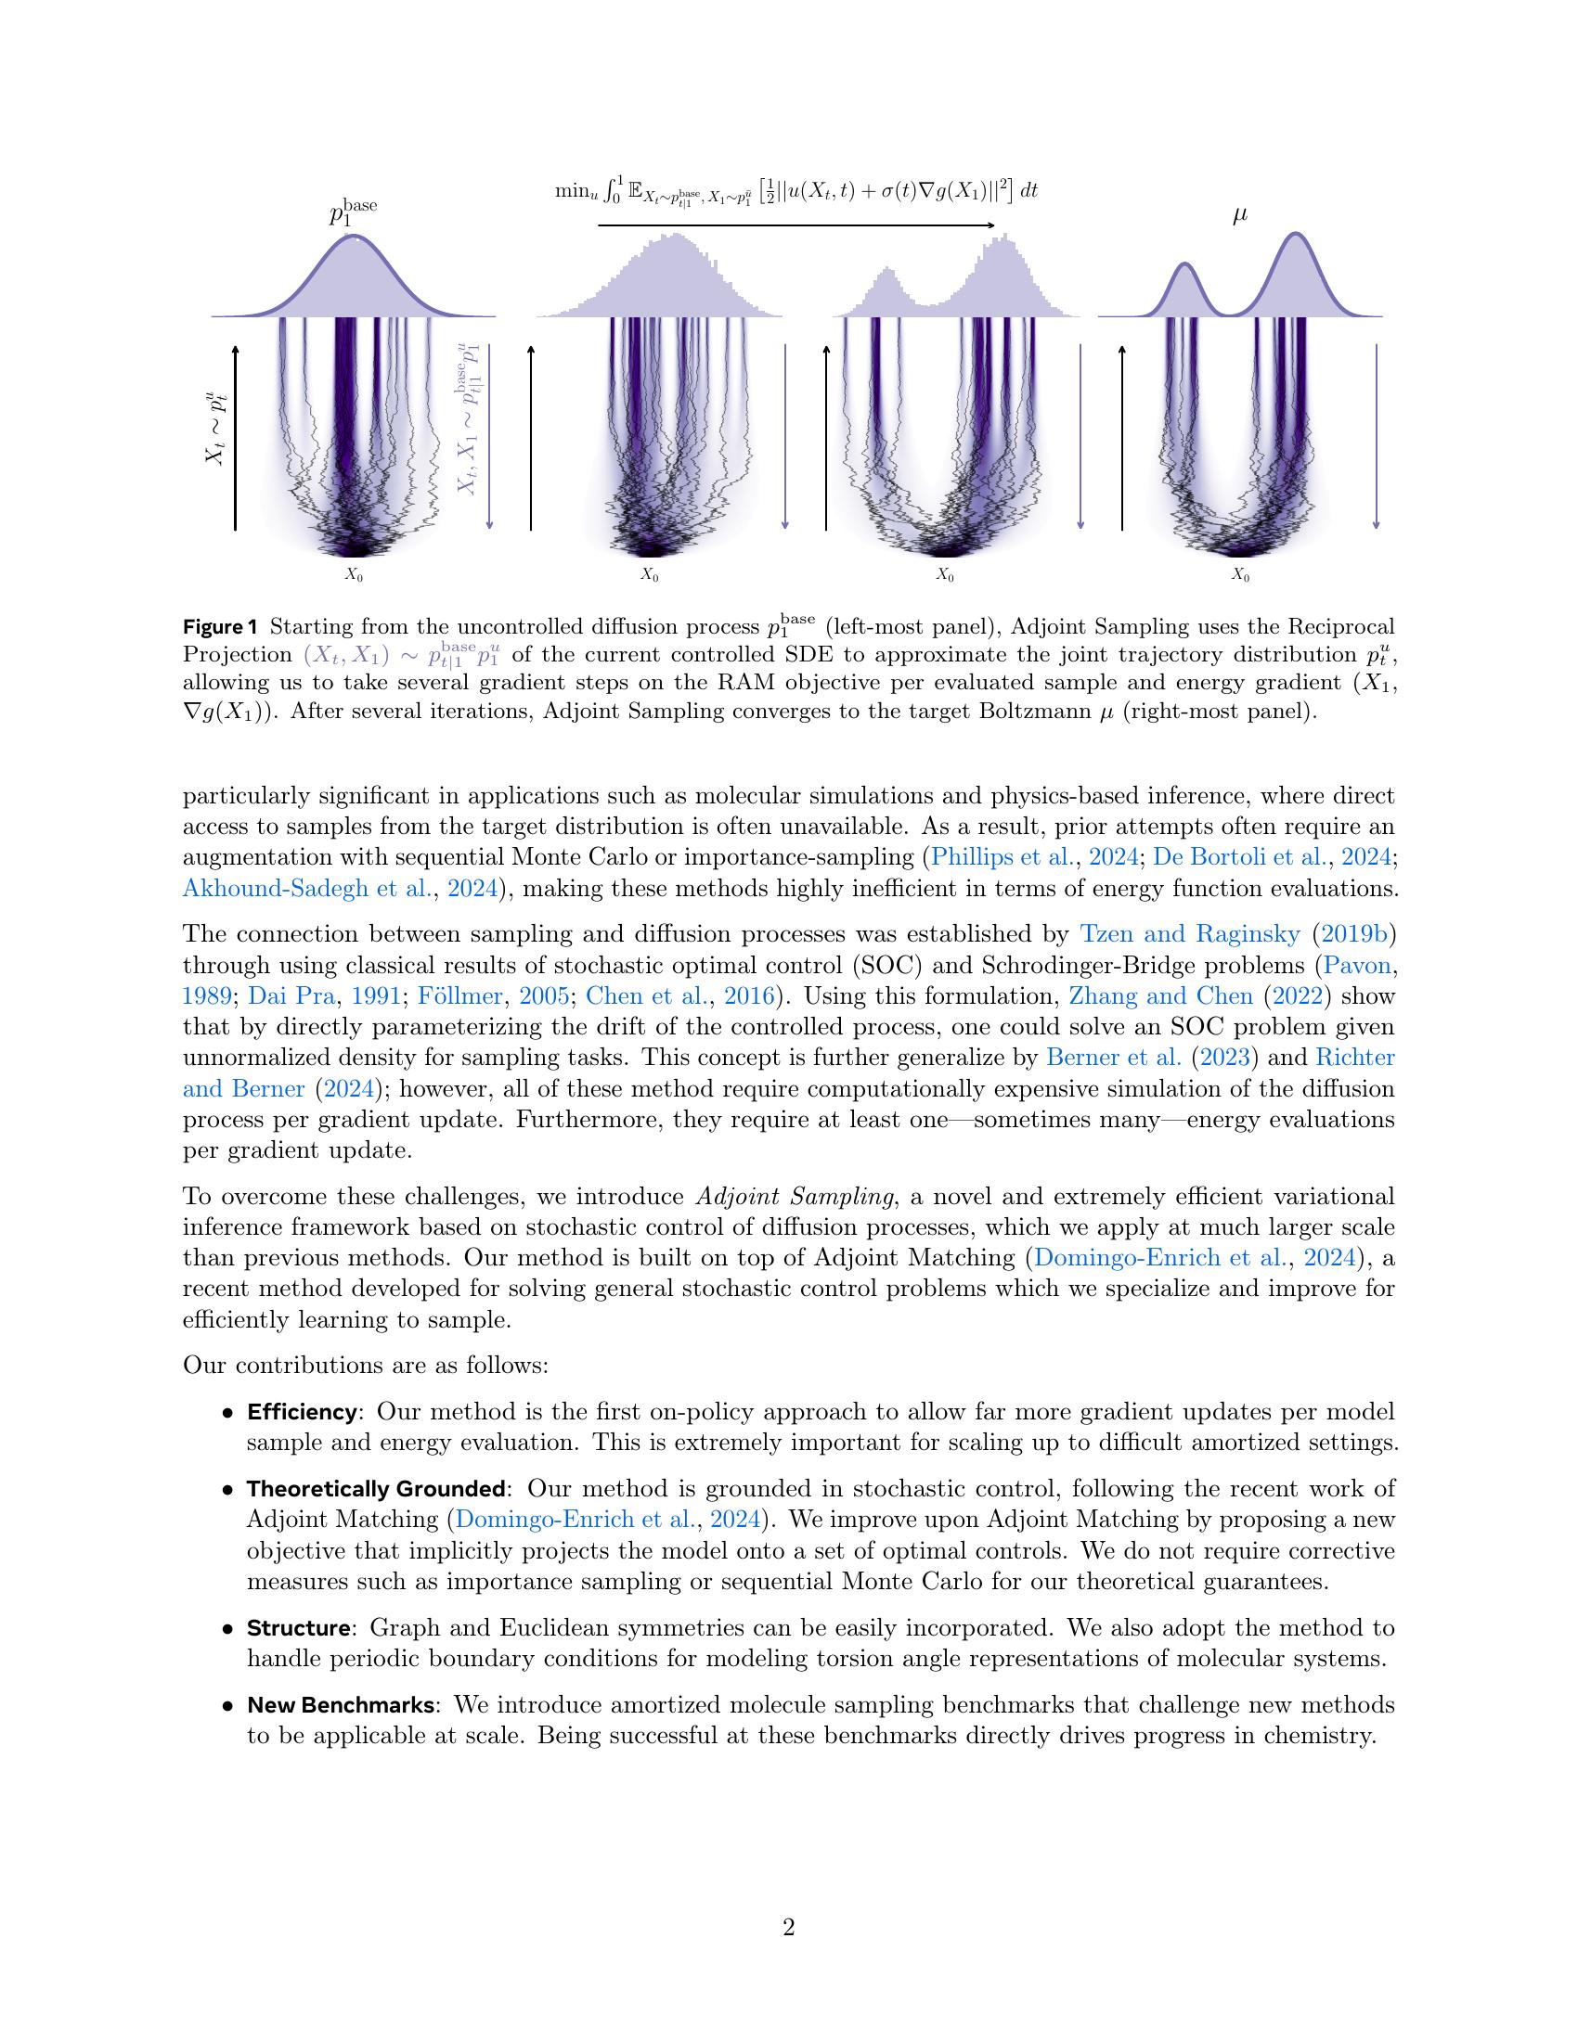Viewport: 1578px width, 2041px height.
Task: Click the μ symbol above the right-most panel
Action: click(x=1239, y=216)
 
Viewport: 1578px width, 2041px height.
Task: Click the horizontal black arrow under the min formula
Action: click(x=795, y=225)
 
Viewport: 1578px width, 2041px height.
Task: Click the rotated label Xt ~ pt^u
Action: click(x=216, y=427)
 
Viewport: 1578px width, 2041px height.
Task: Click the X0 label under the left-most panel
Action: click(x=354, y=576)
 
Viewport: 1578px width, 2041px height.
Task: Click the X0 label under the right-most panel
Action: click(x=1239, y=576)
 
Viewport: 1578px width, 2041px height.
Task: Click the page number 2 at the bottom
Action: click(x=788, y=1928)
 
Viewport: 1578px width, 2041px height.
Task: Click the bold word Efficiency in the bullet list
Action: click(x=301, y=1411)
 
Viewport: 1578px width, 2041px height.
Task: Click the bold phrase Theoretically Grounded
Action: click(x=376, y=1489)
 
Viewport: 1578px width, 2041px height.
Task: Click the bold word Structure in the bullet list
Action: click(x=297, y=1628)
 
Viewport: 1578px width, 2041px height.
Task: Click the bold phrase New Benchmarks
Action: click(x=340, y=1704)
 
